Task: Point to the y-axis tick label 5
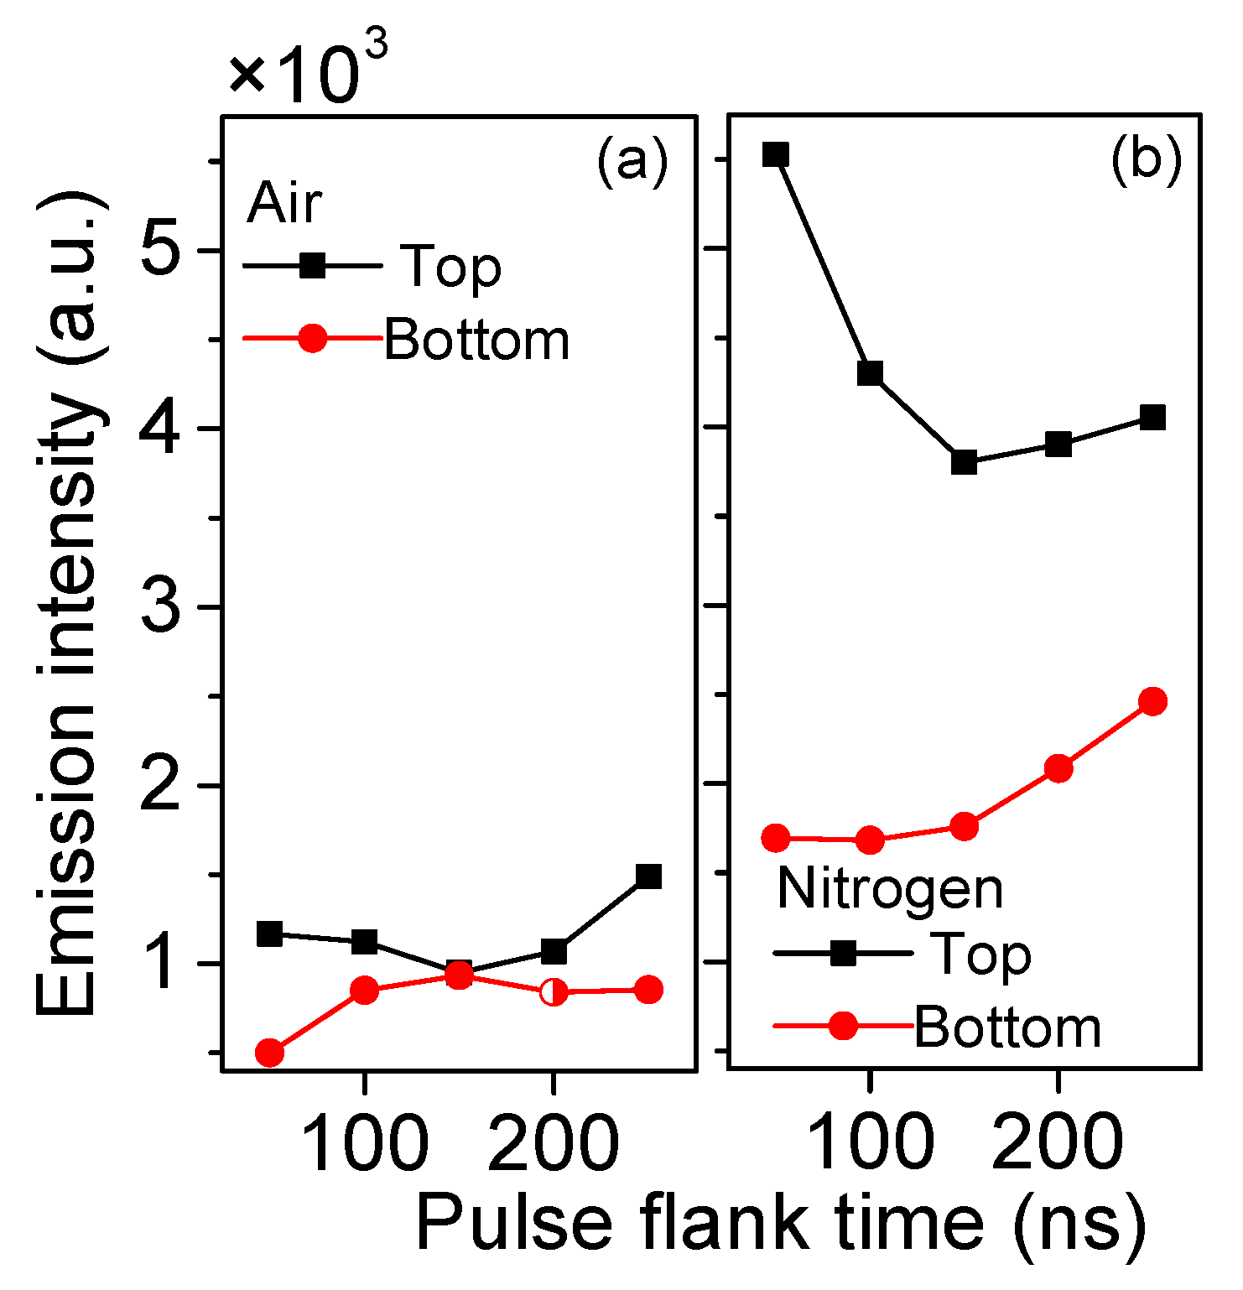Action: tap(161, 250)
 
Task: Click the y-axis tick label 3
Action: tap(161, 606)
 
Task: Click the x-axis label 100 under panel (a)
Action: tap(364, 1144)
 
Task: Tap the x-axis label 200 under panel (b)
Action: tap(1058, 1144)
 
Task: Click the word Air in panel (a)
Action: tap(284, 203)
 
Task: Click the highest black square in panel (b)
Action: tap(776, 154)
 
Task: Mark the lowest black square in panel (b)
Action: tap(965, 462)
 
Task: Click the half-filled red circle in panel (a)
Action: tap(553, 992)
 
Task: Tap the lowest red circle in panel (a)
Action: tap(269, 1053)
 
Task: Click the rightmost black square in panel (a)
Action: tap(648, 876)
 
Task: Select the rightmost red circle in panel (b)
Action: tap(1153, 701)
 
